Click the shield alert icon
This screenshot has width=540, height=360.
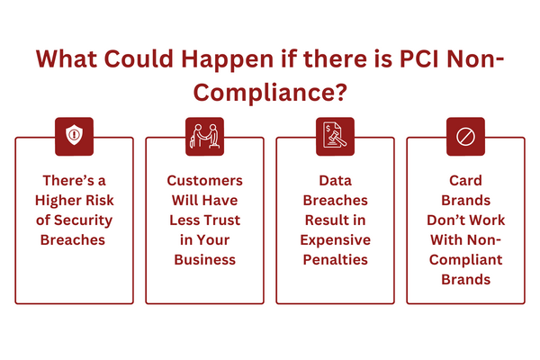click(x=74, y=137)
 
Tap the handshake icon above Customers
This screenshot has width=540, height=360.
click(x=204, y=137)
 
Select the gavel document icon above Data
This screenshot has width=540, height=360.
click(x=335, y=137)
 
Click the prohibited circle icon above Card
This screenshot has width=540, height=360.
click(x=465, y=137)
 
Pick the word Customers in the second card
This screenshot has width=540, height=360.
click(x=204, y=180)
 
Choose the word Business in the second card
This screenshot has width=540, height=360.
click(x=204, y=259)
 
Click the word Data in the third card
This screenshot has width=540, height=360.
click(x=335, y=180)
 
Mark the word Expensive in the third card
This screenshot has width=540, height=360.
click(x=335, y=239)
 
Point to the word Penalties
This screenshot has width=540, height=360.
click(x=335, y=259)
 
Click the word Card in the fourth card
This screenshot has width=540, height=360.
click(x=465, y=180)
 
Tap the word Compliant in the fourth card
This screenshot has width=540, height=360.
click(x=465, y=259)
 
